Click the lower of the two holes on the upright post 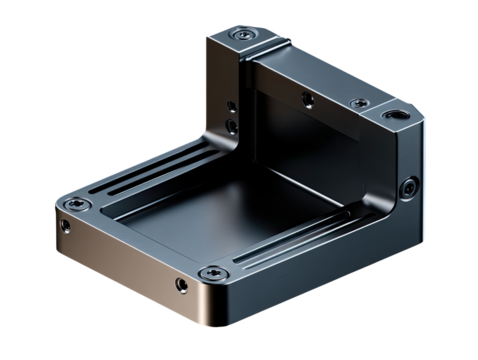[231, 124]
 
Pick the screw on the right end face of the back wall [410, 187]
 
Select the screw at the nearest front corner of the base [211, 273]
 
